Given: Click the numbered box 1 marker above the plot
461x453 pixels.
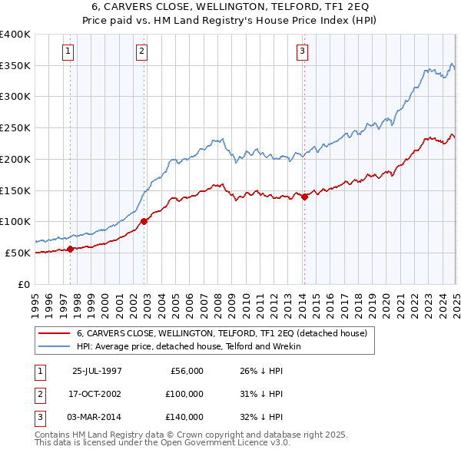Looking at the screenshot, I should coord(68,51).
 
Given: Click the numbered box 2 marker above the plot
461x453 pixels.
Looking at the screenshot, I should coord(142,51).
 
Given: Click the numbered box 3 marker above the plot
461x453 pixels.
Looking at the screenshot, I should coord(302,51).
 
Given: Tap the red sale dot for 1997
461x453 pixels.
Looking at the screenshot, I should coord(71,249).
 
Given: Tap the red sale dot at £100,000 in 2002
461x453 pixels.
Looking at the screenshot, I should coord(144,221).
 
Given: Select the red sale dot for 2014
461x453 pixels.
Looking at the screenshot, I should coord(304,197).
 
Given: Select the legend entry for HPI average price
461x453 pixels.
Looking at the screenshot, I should coord(188,346).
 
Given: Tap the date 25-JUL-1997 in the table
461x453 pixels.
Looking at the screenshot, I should coord(97,371).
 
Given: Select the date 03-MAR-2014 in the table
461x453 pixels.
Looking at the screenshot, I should coord(97,417).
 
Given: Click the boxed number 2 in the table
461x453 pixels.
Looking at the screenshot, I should coord(38,394).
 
